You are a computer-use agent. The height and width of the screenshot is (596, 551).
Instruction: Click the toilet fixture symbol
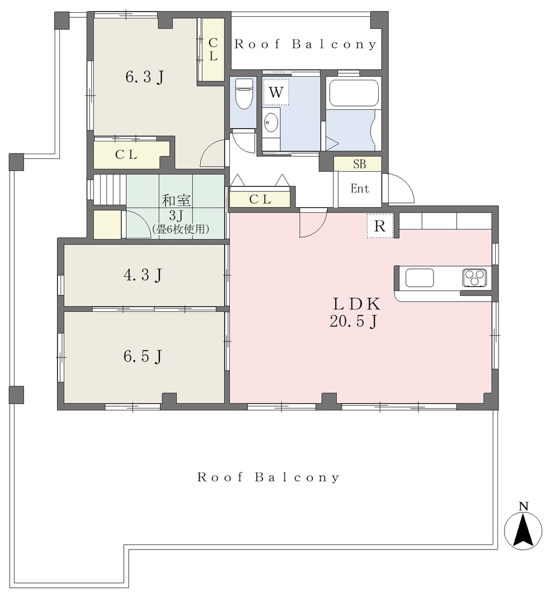[x=244, y=94]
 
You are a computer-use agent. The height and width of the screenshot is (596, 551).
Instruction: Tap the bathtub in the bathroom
[x=354, y=93]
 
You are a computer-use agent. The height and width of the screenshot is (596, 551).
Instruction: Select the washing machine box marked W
[x=276, y=92]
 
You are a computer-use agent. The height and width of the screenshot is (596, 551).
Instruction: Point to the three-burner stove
[x=474, y=278]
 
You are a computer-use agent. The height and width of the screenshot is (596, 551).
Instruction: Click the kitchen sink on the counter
[x=420, y=278]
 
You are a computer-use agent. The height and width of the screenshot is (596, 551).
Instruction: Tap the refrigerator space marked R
[x=380, y=226]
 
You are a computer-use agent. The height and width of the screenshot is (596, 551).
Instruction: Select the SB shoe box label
[x=360, y=164]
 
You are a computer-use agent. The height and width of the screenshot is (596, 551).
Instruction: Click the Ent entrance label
[x=360, y=189]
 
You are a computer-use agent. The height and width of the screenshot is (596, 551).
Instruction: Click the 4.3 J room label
[x=143, y=275]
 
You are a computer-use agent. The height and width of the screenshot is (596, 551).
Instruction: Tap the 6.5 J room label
[x=143, y=357]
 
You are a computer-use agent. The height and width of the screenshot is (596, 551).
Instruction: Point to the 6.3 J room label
[x=145, y=77]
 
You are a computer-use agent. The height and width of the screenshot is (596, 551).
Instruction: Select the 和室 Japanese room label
[x=176, y=200]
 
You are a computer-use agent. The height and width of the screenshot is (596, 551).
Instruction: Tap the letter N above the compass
[x=524, y=506]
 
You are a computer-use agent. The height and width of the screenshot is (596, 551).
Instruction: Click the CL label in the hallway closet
[x=260, y=199]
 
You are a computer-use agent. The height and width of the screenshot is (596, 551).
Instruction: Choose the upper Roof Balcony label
[x=305, y=44]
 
